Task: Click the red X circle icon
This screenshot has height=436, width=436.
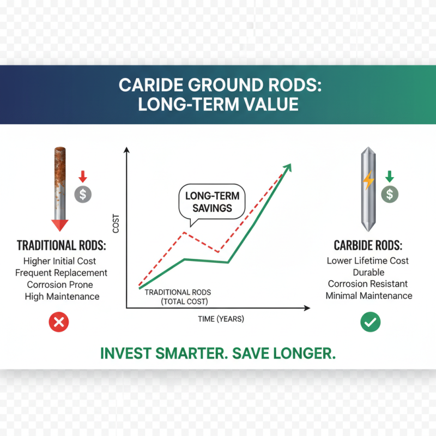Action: coord(58,322)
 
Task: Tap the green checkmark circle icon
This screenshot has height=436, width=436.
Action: coord(371,322)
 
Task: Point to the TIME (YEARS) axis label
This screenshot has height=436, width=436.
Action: coord(221,319)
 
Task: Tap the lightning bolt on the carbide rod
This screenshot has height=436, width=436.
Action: coord(369,179)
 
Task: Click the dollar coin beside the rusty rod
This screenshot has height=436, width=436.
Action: coord(82,193)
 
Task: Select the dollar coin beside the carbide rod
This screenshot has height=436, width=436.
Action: coord(389,193)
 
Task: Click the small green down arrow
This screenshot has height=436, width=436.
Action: coord(389,177)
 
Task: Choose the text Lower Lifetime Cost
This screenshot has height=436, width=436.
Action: coord(368,261)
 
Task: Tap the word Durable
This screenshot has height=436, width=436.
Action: coord(368,272)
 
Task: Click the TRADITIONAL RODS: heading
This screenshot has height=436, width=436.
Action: coord(62,245)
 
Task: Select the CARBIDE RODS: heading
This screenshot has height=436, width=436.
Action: coord(368,245)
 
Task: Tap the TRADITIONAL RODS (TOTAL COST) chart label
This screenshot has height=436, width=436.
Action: coord(178,296)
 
